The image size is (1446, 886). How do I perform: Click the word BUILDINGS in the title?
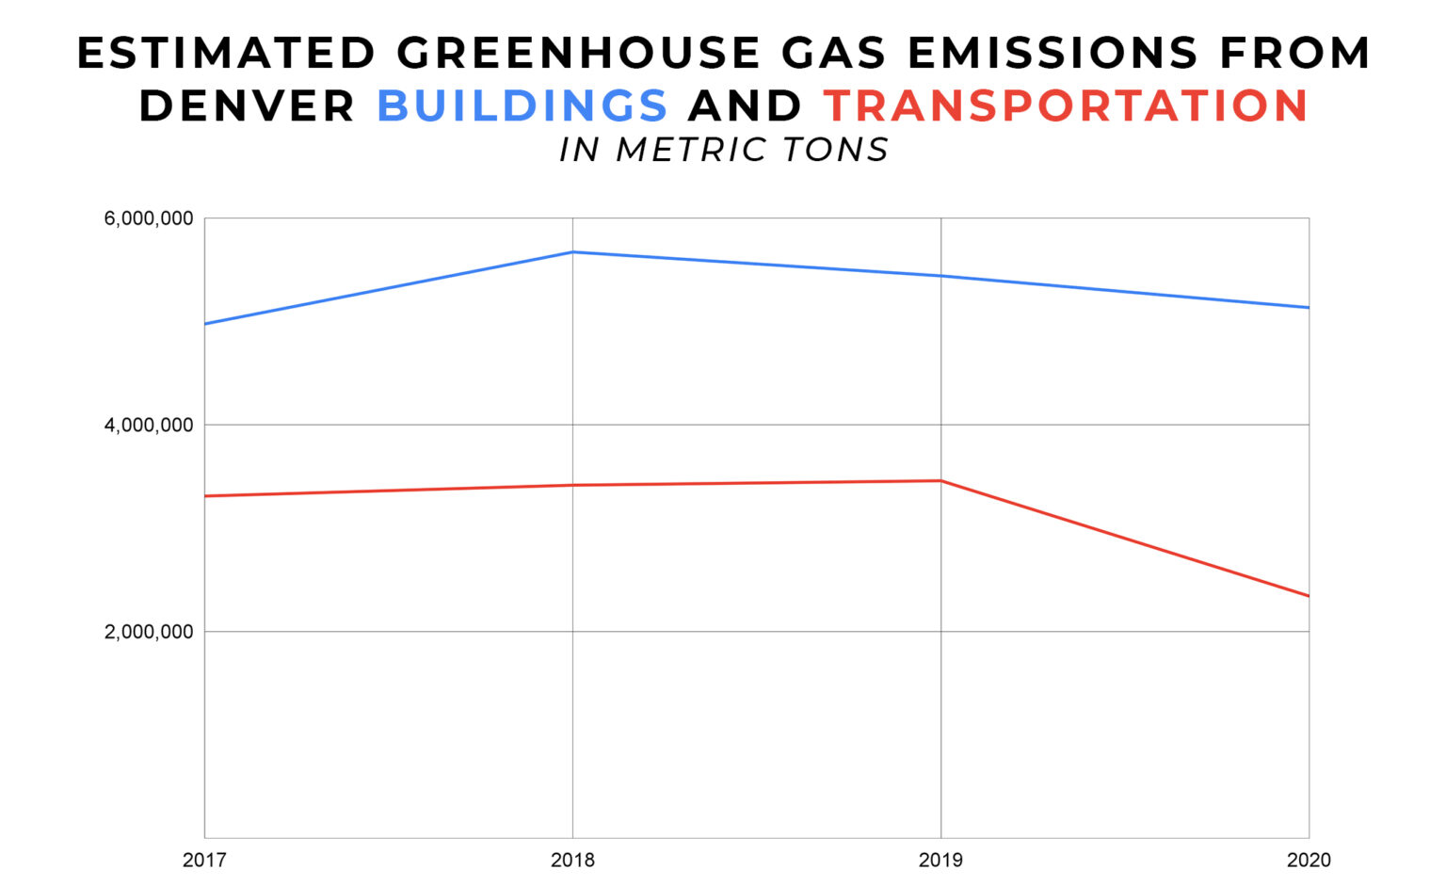point(522,105)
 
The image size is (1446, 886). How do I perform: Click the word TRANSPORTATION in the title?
point(1066,105)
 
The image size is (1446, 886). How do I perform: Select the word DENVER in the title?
point(248,105)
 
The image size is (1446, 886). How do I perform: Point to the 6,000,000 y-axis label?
point(149,218)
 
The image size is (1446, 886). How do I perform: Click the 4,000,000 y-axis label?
point(149,425)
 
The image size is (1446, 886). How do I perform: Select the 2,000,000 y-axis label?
point(149,632)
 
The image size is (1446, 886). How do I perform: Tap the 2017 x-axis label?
point(204,860)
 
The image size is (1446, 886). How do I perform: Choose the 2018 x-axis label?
point(572,860)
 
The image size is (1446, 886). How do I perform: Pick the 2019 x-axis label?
point(940,860)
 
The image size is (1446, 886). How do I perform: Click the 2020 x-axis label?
point(1309,860)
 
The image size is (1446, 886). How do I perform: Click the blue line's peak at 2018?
point(572,251)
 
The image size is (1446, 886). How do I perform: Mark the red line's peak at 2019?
point(940,480)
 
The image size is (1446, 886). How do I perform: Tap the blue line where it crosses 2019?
point(940,276)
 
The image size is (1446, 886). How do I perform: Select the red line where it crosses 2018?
point(572,485)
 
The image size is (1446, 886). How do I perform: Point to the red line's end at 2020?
point(1308,596)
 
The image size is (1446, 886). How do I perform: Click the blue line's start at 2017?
point(205,324)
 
